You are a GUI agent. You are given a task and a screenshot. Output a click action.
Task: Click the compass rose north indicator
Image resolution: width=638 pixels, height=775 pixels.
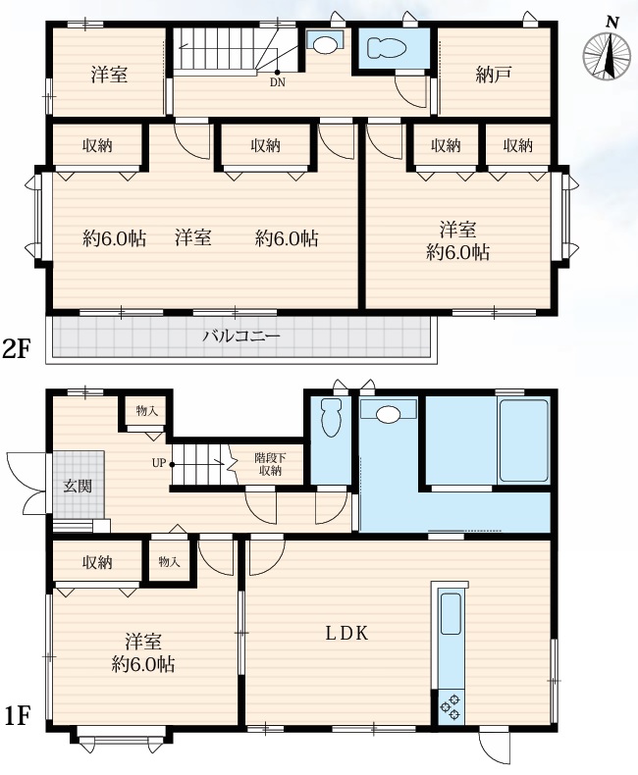point(608,53)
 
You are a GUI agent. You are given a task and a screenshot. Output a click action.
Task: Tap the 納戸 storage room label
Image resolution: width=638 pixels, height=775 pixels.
point(493,75)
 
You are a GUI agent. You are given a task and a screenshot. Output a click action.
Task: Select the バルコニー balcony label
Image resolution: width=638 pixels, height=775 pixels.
point(241,336)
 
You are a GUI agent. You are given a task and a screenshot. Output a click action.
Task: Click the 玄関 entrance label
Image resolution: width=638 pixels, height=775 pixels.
point(78,486)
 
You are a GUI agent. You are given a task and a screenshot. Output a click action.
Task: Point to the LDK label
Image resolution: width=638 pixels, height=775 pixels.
point(346,633)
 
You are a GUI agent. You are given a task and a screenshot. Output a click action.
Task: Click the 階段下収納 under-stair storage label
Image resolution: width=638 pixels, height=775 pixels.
point(270,464)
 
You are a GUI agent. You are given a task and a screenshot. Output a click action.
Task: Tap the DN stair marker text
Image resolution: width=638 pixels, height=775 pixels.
point(278,82)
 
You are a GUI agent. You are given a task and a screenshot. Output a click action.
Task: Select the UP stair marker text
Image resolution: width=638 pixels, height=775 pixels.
point(159,464)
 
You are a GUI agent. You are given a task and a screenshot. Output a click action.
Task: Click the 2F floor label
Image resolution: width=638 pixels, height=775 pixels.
point(17,349)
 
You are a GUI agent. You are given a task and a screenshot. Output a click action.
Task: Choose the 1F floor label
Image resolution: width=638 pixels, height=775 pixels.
point(18,716)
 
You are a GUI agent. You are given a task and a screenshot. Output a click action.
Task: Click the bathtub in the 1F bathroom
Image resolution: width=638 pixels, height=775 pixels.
point(524,440)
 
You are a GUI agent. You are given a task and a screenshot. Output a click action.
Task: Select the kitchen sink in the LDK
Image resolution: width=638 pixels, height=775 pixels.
point(451,613)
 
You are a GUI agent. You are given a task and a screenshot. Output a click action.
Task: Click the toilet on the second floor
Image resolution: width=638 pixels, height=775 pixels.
point(387,48)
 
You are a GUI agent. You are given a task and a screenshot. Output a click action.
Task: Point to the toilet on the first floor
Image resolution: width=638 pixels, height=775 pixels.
point(331,418)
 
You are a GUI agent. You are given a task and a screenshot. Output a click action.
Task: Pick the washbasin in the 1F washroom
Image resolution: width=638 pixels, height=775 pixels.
point(389,414)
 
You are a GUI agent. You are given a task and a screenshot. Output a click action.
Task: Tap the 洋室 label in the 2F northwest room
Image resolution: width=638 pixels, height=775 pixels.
point(109,75)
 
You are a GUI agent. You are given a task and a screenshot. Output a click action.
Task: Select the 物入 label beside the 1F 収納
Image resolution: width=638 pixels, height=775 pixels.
point(169,562)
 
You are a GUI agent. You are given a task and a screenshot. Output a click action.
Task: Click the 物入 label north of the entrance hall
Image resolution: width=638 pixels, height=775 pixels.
point(147,410)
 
